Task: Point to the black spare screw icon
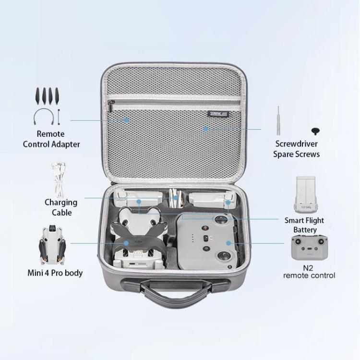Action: [316, 132]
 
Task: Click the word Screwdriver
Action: [297, 144]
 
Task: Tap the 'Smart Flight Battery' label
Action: [304, 225]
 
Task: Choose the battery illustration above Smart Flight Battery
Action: [305, 194]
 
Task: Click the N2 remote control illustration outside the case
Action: [309, 248]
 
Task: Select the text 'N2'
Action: [308, 268]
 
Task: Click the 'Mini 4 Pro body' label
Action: [55, 273]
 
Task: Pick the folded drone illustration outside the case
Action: [52, 245]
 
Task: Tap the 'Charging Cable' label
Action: [61, 207]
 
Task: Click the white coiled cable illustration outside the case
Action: [58, 180]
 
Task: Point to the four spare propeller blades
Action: [48, 96]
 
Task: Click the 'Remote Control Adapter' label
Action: [51, 139]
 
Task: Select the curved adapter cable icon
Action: [44, 117]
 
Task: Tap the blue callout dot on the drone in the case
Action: [126, 243]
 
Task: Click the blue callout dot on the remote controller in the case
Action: [228, 243]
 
